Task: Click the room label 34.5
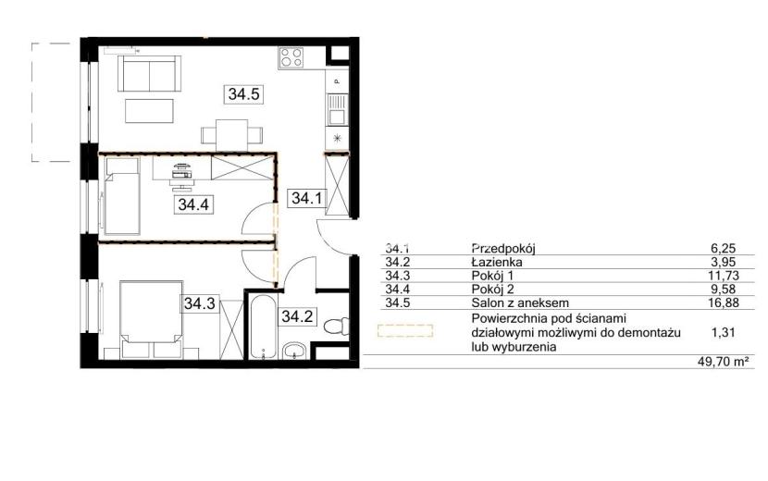244,93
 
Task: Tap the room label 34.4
193,204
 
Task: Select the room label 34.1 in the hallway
306,198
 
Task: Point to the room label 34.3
200,303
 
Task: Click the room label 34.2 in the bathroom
297,316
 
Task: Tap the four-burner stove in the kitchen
291,57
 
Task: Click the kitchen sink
337,109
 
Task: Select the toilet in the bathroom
338,325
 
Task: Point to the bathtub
263,327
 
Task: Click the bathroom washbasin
294,351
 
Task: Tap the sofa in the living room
149,73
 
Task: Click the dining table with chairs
231,135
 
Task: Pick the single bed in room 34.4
121,196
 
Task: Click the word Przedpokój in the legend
503,248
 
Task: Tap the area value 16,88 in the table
724,303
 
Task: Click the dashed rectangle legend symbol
405,330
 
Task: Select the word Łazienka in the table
497,262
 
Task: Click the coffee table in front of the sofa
149,111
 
